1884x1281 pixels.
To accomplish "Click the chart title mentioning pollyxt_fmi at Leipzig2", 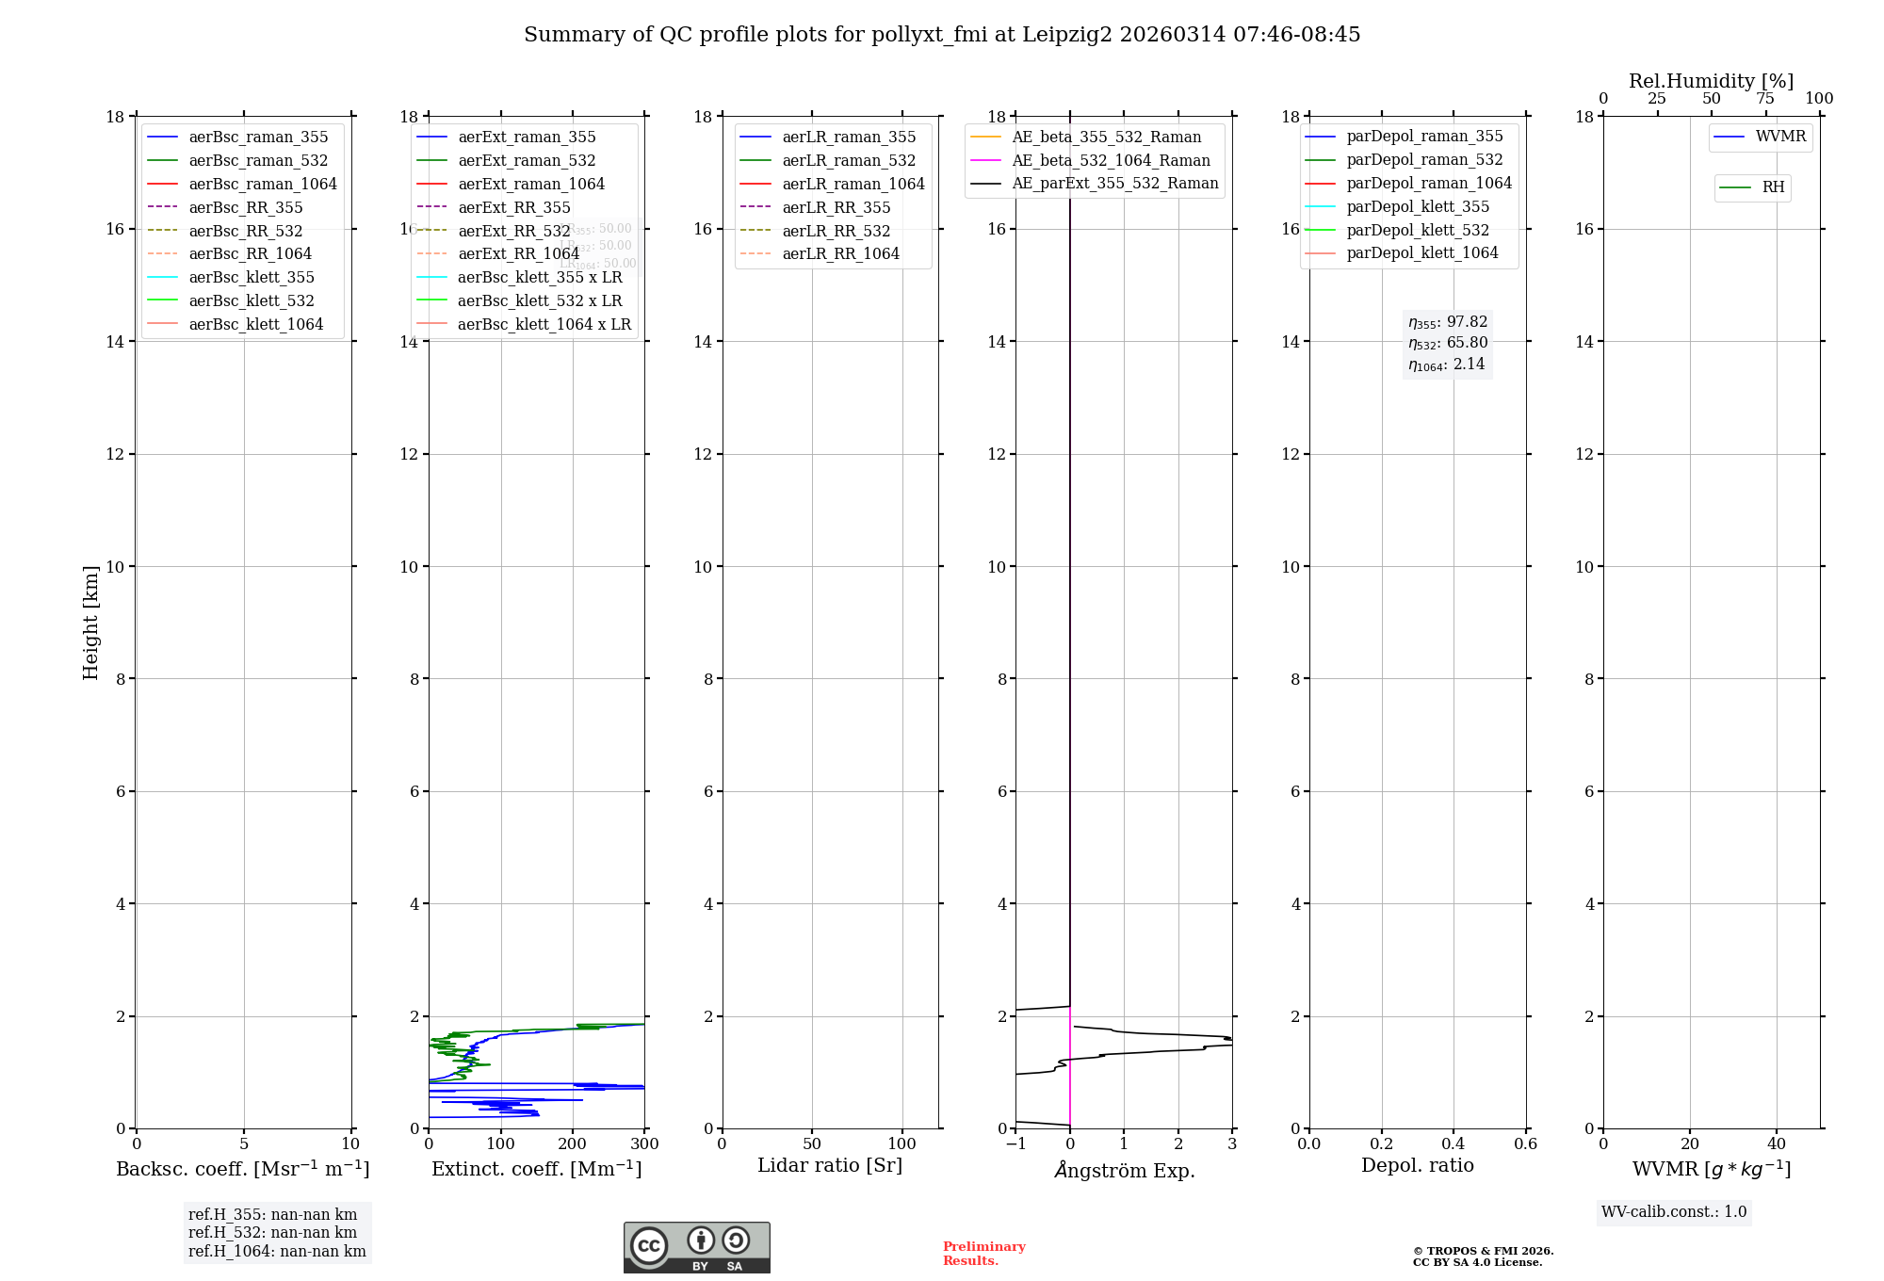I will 942,35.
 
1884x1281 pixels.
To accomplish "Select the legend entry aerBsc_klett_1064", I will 255,324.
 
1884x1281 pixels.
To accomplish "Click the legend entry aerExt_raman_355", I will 527,138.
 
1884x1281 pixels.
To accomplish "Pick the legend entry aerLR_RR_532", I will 836,231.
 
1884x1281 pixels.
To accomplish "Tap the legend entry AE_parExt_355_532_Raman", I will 1114,184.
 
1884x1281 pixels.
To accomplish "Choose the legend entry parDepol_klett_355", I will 1418,207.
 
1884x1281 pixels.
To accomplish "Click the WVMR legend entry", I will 1780,137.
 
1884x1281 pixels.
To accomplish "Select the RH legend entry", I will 1773,187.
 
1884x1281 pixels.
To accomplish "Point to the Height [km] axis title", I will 90,623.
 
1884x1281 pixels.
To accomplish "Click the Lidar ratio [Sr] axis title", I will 830,1165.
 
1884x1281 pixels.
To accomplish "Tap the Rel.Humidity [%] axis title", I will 1711,81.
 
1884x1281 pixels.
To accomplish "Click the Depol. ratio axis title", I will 1417,1165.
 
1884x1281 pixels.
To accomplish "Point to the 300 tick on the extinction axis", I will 645,1144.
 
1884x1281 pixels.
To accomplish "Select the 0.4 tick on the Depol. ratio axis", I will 1454,1144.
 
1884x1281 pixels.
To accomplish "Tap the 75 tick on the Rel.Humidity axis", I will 1765,99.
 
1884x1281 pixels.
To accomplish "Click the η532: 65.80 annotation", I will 1448,343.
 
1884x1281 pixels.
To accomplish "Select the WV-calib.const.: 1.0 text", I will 1674,1212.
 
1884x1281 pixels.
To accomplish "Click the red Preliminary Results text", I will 983,1254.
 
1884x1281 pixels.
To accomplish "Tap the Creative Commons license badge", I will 696,1247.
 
